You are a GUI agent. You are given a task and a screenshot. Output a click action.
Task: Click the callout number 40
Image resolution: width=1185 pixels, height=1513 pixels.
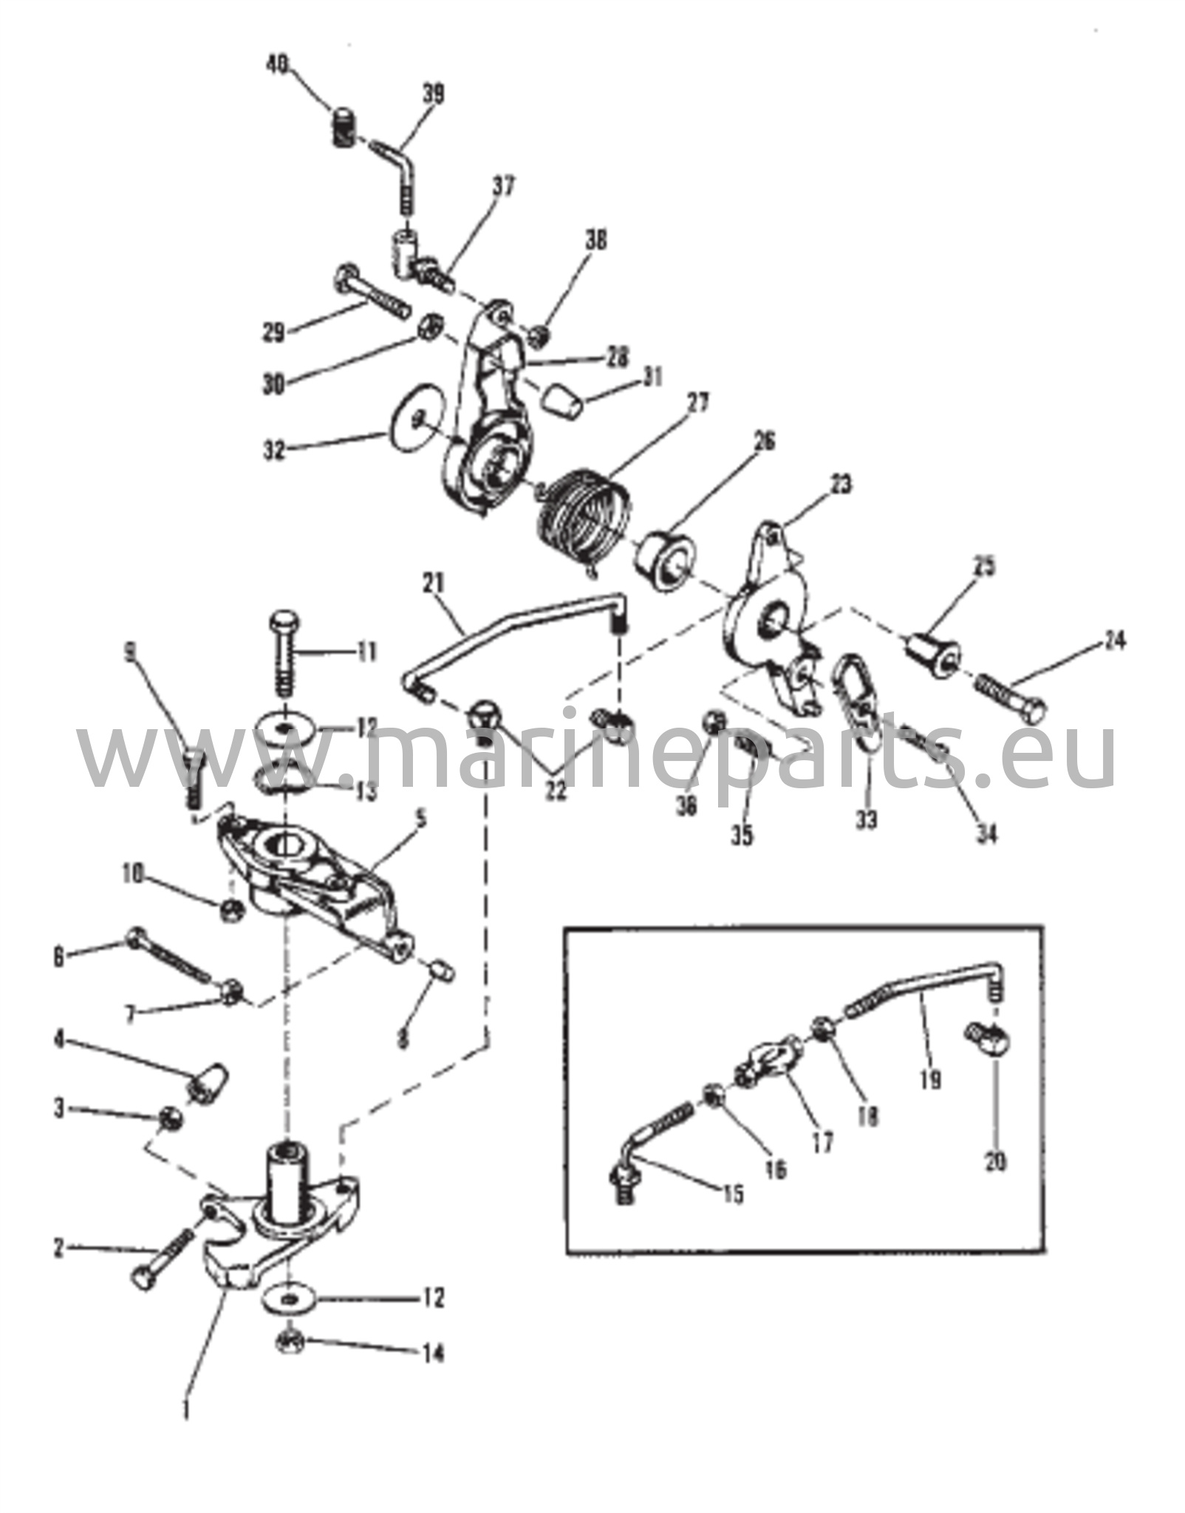coord(277,65)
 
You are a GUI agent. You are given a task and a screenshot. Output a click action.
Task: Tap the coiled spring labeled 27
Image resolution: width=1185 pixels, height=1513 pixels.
coord(585,519)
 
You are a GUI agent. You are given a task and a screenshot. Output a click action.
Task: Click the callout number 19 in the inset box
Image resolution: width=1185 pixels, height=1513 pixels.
coord(931,1080)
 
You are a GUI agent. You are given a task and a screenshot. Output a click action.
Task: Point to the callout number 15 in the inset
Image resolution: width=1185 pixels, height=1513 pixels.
coord(733,1194)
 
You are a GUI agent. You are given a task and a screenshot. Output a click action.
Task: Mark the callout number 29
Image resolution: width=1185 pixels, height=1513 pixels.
coord(273,332)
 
